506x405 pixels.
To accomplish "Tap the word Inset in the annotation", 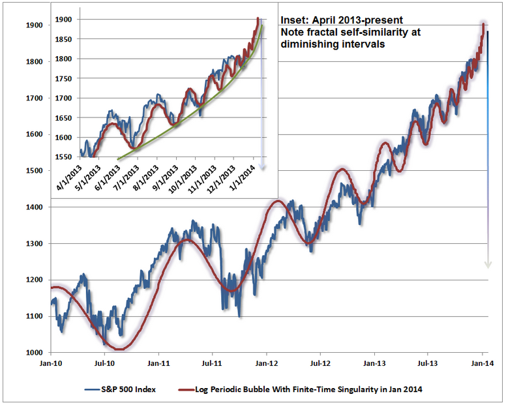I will pos(293,20).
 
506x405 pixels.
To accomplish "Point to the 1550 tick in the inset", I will pos(64,157).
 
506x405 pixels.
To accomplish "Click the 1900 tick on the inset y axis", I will pos(64,20).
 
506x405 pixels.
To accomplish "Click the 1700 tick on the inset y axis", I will pos(64,98).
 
